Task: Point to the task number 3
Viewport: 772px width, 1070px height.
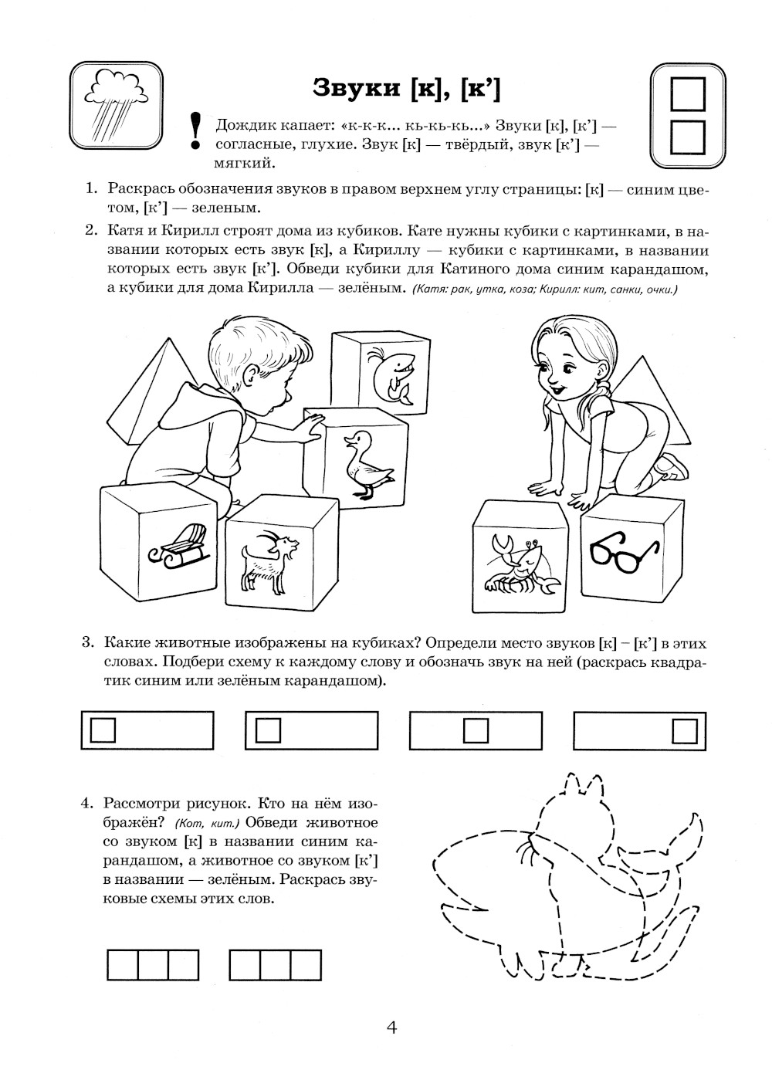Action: coord(87,643)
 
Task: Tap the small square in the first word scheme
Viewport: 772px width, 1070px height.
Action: coord(103,730)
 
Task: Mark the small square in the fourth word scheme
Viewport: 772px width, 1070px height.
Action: coord(683,730)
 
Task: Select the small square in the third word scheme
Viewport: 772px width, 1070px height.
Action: coord(475,730)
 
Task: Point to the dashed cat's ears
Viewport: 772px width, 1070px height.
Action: coord(583,785)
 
